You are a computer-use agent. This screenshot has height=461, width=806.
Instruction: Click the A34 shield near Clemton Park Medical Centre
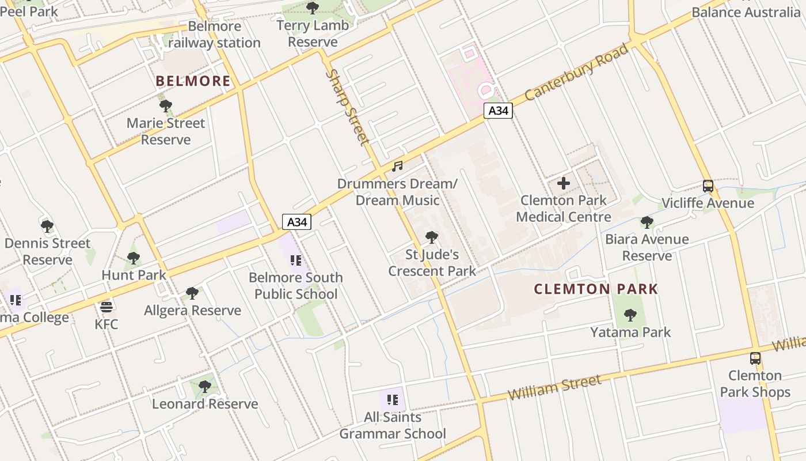coord(498,111)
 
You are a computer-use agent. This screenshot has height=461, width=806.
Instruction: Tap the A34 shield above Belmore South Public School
coord(296,222)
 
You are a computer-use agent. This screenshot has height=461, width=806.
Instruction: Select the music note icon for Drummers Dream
coord(397,167)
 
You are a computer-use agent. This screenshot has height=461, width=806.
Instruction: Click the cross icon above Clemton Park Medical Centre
coord(564,184)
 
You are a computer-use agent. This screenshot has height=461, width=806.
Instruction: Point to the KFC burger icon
coord(106,307)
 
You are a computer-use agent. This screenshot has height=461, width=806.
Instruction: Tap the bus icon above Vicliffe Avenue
coord(708,186)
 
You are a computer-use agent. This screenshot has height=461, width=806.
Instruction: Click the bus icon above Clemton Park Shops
coord(755,358)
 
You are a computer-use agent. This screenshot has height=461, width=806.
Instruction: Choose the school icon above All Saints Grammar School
coord(393,400)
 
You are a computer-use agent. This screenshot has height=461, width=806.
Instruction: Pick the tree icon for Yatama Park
coord(630,315)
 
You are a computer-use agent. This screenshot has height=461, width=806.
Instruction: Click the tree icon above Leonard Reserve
coord(205,387)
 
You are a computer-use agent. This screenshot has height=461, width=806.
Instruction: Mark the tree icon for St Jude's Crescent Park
coord(432,237)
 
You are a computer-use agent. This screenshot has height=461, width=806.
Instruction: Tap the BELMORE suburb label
coord(193,81)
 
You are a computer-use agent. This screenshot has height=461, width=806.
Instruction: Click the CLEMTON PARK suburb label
coord(596,289)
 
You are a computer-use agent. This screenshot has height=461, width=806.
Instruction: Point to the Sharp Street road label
coord(347,107)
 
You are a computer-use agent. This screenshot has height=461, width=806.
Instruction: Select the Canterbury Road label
coord(576,71)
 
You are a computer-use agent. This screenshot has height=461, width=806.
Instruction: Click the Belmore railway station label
coord(215,35)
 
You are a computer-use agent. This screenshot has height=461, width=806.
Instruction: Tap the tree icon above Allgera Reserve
coord(192,293)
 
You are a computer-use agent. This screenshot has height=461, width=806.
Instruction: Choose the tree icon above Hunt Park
coord(134,258)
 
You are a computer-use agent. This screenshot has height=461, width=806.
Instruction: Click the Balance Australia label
coord(746,12)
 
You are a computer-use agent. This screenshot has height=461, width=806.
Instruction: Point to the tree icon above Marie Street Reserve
coord(166,106)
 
